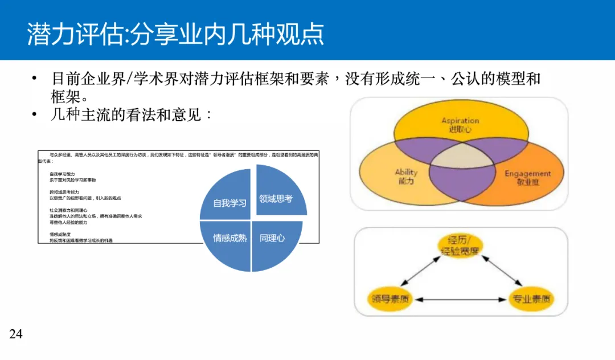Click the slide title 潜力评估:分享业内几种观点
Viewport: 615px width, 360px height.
coord(175,34)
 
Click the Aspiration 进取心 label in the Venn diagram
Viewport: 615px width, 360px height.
coord(460,125)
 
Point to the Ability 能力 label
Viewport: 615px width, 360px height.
coord(405,176)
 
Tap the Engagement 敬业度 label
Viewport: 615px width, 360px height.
coord(527,178)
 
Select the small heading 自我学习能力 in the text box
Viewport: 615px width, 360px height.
coord(62,174)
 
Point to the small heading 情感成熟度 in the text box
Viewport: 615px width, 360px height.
coord(60,234)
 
